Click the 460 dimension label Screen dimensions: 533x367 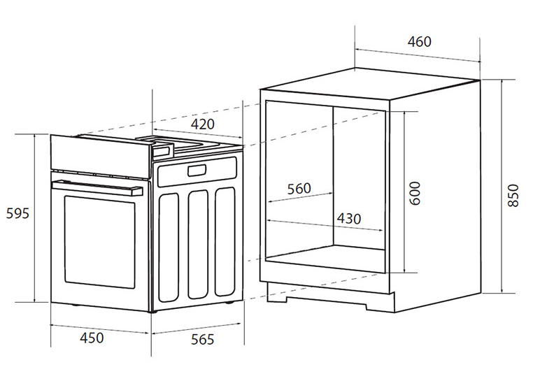pyautogui.click(x=420, y=41)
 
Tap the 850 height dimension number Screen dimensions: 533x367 pyautogui.click(x=513, y=196)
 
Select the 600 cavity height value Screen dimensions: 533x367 pyautogui.click(x=415, y=194)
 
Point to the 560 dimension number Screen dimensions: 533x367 pyautogui.click(x=299, y=189)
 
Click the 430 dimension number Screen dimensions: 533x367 pyautogui.click(x=349, y=219)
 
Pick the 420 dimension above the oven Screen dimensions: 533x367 pyautogui.click(x=203, y=124)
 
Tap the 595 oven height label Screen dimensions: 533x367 pyautogui.click(x=17, y=213)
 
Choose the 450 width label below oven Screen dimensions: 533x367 pyautogui.click(x=92, y=338)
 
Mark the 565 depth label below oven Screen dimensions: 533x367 pyautogui.click(x=203, y=340)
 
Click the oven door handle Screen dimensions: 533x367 pyautogui.click(x=97, y=188)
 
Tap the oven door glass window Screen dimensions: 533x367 pyautogui.click(x=99, y=242)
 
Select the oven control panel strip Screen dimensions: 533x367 pyautogui.click(x=101, y=156)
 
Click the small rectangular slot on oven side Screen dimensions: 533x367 pyautogui.click(x=197, y=171)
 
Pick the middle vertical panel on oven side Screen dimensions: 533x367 pyautogui.click(x=198, y=245)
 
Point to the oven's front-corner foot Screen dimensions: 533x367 pyautogui.click(x=153, y=311)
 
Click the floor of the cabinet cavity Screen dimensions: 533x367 pyautogui.click(x=325, y=259)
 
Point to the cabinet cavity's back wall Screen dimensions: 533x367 pyautogui.click(x=359, y=179)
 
